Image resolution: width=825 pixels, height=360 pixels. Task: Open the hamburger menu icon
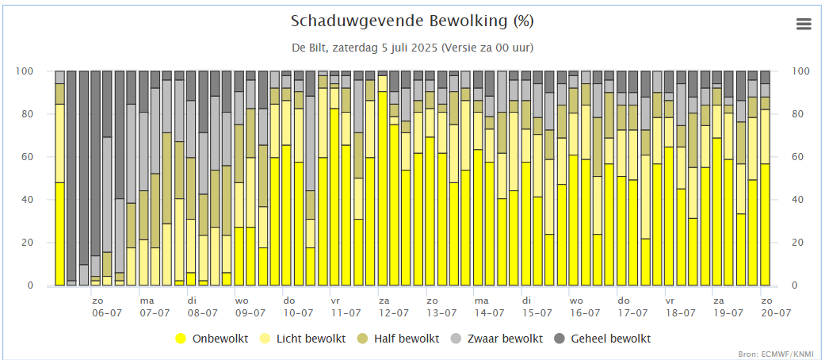[804, 25]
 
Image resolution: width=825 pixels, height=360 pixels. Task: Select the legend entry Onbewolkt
[220, 339]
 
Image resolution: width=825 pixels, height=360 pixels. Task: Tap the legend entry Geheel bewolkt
[610, 339]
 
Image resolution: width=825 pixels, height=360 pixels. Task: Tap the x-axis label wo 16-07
[576, 307]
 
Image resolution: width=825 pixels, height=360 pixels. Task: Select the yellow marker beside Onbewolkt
[181, 339]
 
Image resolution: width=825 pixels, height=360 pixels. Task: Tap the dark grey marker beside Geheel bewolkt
[560, 339]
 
